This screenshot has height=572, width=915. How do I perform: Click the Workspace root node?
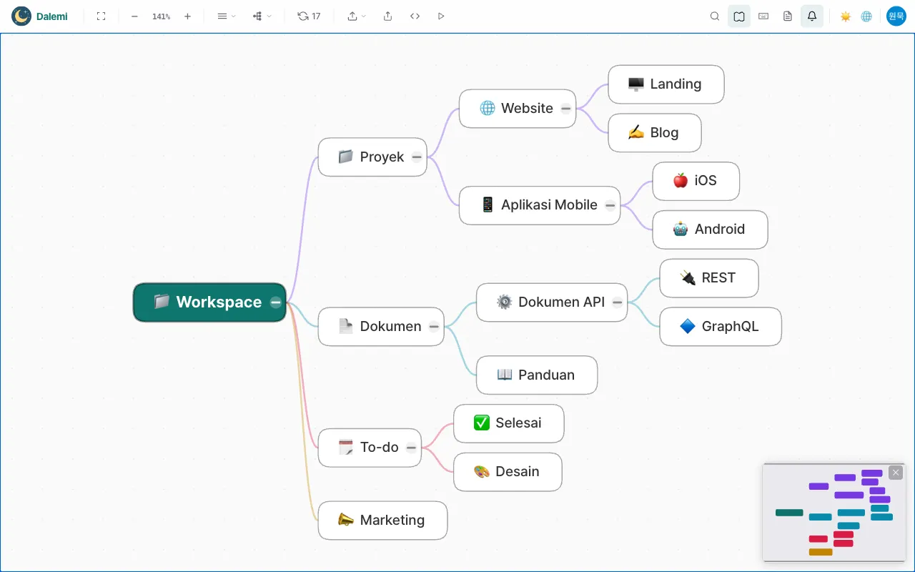point(209,302)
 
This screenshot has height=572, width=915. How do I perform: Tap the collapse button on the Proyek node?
point(417,157)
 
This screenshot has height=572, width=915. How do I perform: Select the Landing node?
point(666,84)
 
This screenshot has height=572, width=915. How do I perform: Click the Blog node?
point(654,133)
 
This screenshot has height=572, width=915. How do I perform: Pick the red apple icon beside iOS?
point(681,180)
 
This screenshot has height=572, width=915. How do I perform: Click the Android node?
point(710,230)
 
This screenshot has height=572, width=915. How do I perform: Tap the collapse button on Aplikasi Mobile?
point(610,205)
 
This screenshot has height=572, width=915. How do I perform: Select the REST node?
point(708,278)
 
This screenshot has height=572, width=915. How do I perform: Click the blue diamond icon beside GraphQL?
point(688,326)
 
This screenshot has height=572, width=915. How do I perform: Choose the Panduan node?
point(537,375)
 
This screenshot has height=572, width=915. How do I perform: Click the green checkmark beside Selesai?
point(482,423)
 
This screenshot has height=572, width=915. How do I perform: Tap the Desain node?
point(508,471)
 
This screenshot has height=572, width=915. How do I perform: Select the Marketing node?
point(382,520)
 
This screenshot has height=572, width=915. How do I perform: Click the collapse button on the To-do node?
point(411,448)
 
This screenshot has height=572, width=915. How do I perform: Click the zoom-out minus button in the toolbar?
point(134,16)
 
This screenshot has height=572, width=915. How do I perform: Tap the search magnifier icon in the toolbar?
point(714,16)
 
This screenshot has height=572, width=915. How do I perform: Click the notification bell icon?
point(811,16)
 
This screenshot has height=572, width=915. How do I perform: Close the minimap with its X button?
point(896,473)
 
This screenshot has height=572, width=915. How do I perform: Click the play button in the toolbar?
point(441,16)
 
